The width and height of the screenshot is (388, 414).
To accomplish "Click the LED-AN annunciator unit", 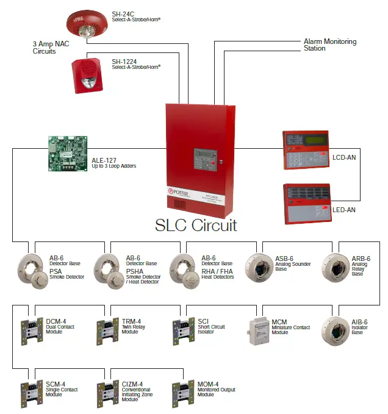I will pyautogui.click(x=306, y=203).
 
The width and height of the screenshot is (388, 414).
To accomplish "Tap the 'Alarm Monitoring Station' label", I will pyautogui.click(x=329, y=45).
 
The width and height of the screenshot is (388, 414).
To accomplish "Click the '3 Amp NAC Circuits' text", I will pyautogui.click(x=53, y=48).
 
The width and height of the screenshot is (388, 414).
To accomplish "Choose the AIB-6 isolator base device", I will pyautogui.click(x=337, y=330).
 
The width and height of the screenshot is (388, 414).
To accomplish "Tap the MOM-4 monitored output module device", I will pyautogui.click(x=180, y=394).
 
